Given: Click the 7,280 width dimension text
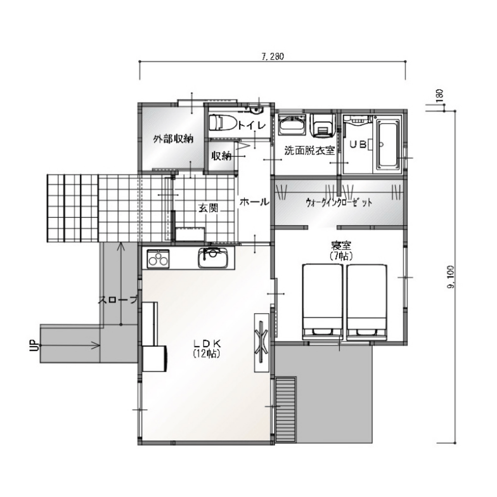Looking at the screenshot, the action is click(272, 57).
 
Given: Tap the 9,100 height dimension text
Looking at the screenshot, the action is click(451, 277).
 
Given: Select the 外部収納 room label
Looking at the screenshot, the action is click(173, 139).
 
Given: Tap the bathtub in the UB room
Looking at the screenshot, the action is click(386, 145).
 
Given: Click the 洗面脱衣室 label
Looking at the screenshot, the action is click(309, 150).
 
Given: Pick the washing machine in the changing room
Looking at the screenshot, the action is click(323, 125).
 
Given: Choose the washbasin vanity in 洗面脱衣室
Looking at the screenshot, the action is click(292, 125).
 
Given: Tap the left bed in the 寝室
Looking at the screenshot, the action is click(323, 302).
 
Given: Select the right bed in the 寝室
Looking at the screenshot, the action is click(367, 302).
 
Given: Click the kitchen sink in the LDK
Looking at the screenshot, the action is click(213, 258).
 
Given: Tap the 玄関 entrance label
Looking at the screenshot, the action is click(208, 208).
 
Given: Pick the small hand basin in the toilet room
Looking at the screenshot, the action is click(256, 110).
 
